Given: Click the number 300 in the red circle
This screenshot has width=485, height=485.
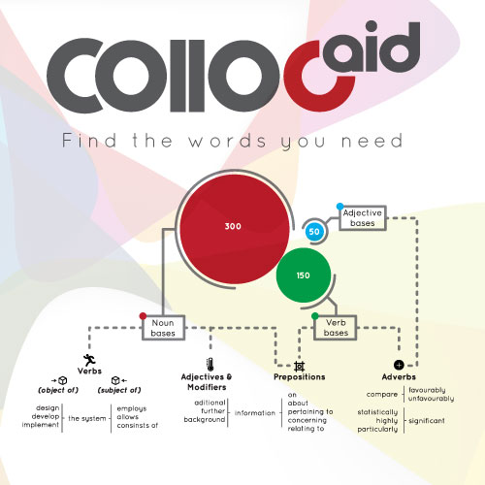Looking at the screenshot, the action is pos(233,226).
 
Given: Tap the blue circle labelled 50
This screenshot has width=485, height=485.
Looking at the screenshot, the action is pos(314,232).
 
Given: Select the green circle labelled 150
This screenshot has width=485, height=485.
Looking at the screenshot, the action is pos(304,275).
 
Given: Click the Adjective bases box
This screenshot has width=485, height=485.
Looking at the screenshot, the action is pos(363,218).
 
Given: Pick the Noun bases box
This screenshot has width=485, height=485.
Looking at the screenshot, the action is pos(163,328).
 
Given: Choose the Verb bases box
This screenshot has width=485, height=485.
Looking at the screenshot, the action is pos(336,328).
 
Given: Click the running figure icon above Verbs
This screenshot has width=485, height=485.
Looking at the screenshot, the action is pos(89,360).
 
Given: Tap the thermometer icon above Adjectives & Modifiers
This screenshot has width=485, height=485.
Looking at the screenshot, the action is pos(210,364).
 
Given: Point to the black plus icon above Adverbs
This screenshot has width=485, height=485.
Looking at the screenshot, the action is pos(399,365).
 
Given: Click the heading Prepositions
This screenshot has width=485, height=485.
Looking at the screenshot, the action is pos(300,377).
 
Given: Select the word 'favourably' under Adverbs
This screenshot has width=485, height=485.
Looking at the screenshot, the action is pos(427,390).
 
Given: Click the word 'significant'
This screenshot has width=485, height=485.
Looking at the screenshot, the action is pos(427,421).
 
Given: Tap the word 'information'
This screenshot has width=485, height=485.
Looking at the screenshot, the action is pos(255,413).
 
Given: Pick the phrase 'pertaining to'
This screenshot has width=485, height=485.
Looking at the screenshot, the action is pos(310,412).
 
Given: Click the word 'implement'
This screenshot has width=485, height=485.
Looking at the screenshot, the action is pos(41,425).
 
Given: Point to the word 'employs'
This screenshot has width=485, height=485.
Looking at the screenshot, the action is pos(132,409).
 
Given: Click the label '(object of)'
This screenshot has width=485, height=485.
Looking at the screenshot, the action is pos(58,390).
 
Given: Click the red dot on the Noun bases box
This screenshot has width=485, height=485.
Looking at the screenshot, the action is pos(143,316).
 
